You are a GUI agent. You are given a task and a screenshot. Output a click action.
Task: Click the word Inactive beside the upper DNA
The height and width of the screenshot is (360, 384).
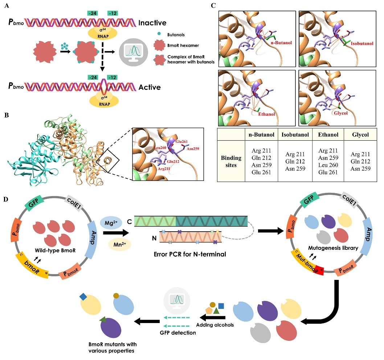pyautogui.click(x=152, y=23)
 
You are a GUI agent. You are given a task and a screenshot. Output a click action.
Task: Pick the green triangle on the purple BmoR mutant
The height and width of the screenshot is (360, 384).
pyautogui.click(x=103, y=319)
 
